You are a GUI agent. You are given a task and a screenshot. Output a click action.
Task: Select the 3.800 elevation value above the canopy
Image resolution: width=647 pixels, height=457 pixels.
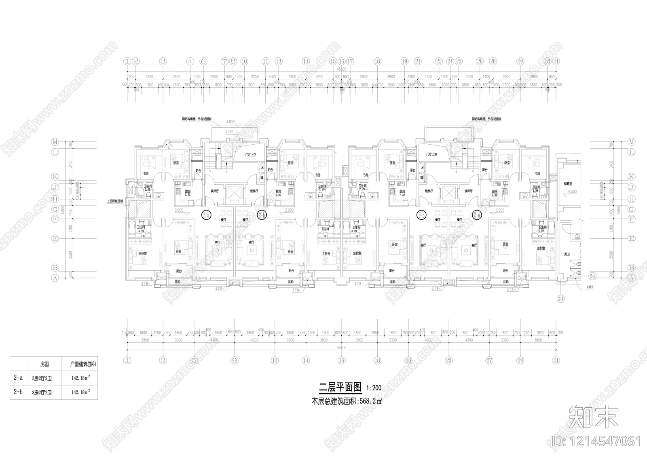point(230,122)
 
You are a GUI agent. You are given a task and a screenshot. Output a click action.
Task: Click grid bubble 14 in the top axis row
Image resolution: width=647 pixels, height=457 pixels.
point(306,61)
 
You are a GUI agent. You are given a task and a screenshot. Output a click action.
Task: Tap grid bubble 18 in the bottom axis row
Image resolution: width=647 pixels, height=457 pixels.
point(377,360)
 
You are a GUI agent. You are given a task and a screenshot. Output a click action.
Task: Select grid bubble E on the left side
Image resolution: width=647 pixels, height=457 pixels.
point(55,238)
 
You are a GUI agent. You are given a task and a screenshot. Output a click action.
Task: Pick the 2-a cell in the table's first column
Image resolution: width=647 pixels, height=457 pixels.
point(18,378)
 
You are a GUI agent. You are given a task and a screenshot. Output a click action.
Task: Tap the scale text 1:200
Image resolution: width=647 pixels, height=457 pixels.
point(374,388)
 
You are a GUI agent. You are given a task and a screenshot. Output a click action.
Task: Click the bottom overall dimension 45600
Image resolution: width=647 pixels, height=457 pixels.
point(342,347)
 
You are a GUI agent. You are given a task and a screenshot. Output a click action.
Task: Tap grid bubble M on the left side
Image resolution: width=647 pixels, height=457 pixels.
point(55,142)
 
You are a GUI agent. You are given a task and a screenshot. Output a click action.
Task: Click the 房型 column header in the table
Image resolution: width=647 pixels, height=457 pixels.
point(44,364)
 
